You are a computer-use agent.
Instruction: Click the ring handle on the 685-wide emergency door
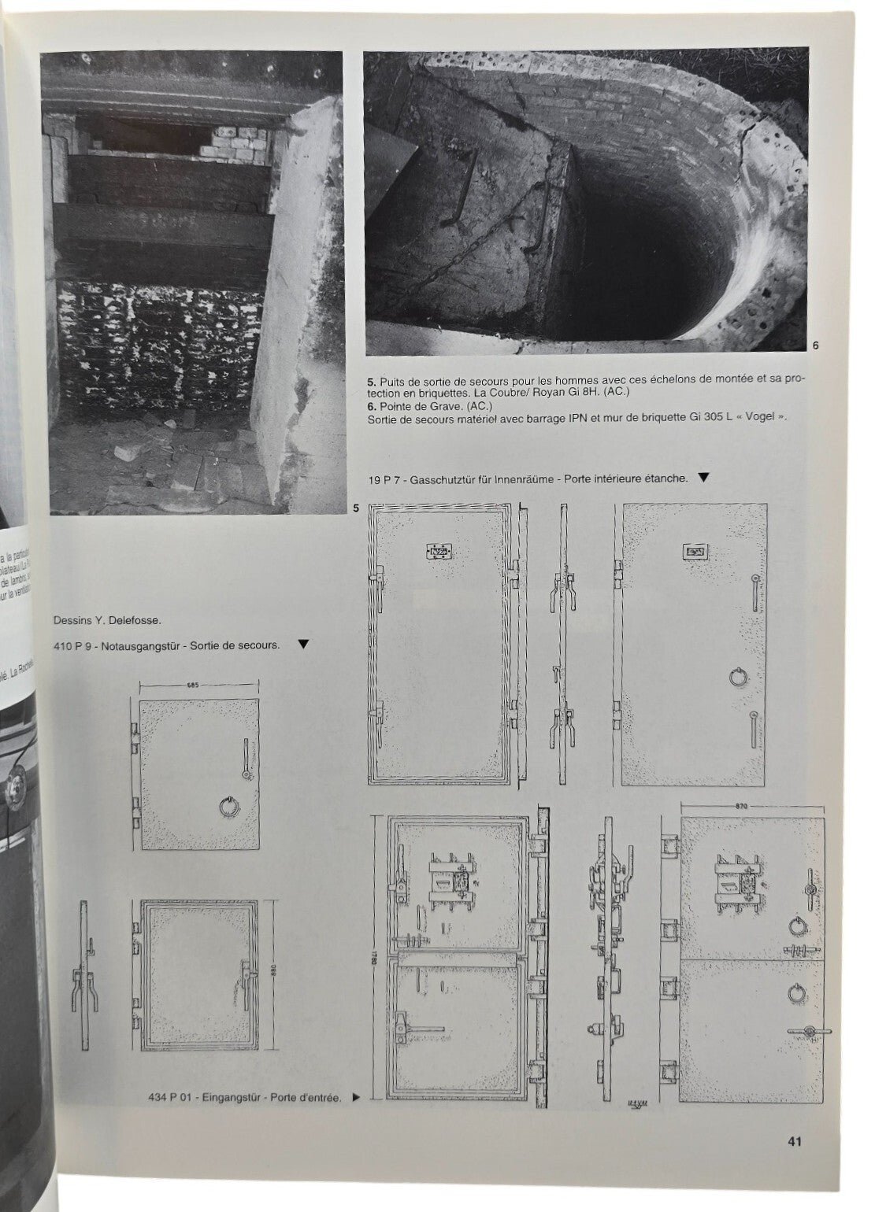pyautogui.click(x=226, y=806)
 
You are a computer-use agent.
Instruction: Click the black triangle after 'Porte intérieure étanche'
pyautogui.click(x=703, y=477)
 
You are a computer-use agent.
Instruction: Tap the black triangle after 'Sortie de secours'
pyautogui.click(x=303, y=645)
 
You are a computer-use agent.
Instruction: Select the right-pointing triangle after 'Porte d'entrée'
pyautogui.click(x=355, y=1098)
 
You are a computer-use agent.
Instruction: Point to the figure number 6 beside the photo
pyautogui.click(x=815, y=343)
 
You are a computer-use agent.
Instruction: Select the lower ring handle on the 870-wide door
pyautogui.click(x=794, y=992)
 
